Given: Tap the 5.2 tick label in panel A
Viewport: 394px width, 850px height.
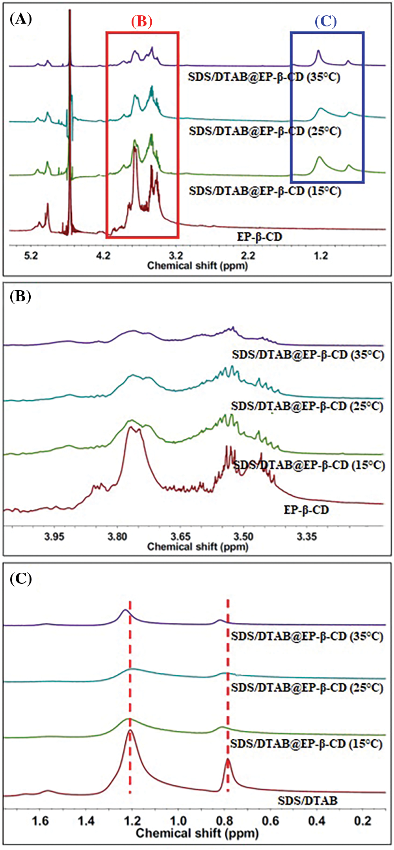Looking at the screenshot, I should pyautogui.click(x=31, y=256).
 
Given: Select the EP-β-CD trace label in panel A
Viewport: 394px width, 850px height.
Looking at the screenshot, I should pyautogui.click(x=260, y=237).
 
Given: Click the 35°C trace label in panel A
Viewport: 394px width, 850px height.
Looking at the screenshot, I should pyautogui.click(x=264, y=77).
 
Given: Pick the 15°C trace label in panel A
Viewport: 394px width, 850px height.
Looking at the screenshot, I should pyautogui.click(x=265, y=191).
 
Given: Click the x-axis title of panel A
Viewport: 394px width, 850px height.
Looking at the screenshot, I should pyautogui.click(x=197, y=266).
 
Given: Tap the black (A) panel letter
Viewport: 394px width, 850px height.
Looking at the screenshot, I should pyautogui.click(x=20, y=19).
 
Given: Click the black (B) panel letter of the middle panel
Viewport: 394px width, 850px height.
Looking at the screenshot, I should pyautogui.click(x=20, y=296).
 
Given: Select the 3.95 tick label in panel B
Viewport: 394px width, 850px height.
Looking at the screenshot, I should pyautogui.click(x=54, y=537).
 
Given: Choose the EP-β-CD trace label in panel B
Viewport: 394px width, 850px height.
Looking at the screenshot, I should pyautogui.click(x=306, y=510).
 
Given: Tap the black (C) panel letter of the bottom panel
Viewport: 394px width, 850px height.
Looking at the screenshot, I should pyautogui.click(x=20, y=578).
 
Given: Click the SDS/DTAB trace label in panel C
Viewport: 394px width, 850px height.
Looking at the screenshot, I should pyautogui.click(x=307, y=801).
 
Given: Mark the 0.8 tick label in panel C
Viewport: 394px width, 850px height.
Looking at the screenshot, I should pyautogui.click(x=225, y=821).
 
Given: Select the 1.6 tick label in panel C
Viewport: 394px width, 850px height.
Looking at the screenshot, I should pyautogui.click(x=40, y=821).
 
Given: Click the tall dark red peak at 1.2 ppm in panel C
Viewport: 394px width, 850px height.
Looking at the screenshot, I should pyautogui.click(x=130, y=732).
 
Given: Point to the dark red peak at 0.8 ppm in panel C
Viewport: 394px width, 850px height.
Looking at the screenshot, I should pyautogui.click(x=228, y=760).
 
